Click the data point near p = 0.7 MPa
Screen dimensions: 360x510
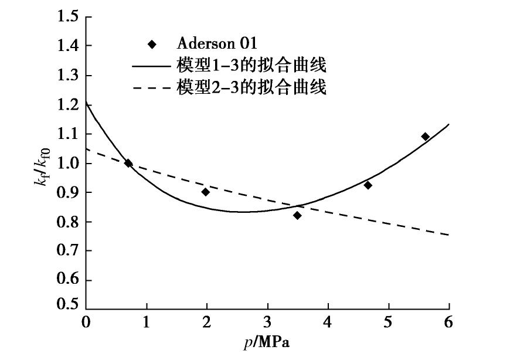click(128, 163)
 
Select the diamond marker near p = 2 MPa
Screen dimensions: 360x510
click(206, 192)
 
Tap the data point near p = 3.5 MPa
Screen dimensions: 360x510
click(297, 215)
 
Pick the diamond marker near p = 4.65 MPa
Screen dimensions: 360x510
click(368, 185)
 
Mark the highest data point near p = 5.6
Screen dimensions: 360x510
click(425, 137)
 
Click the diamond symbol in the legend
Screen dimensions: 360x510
click(152, 44)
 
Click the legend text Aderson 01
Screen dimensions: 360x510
click(217, 43)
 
